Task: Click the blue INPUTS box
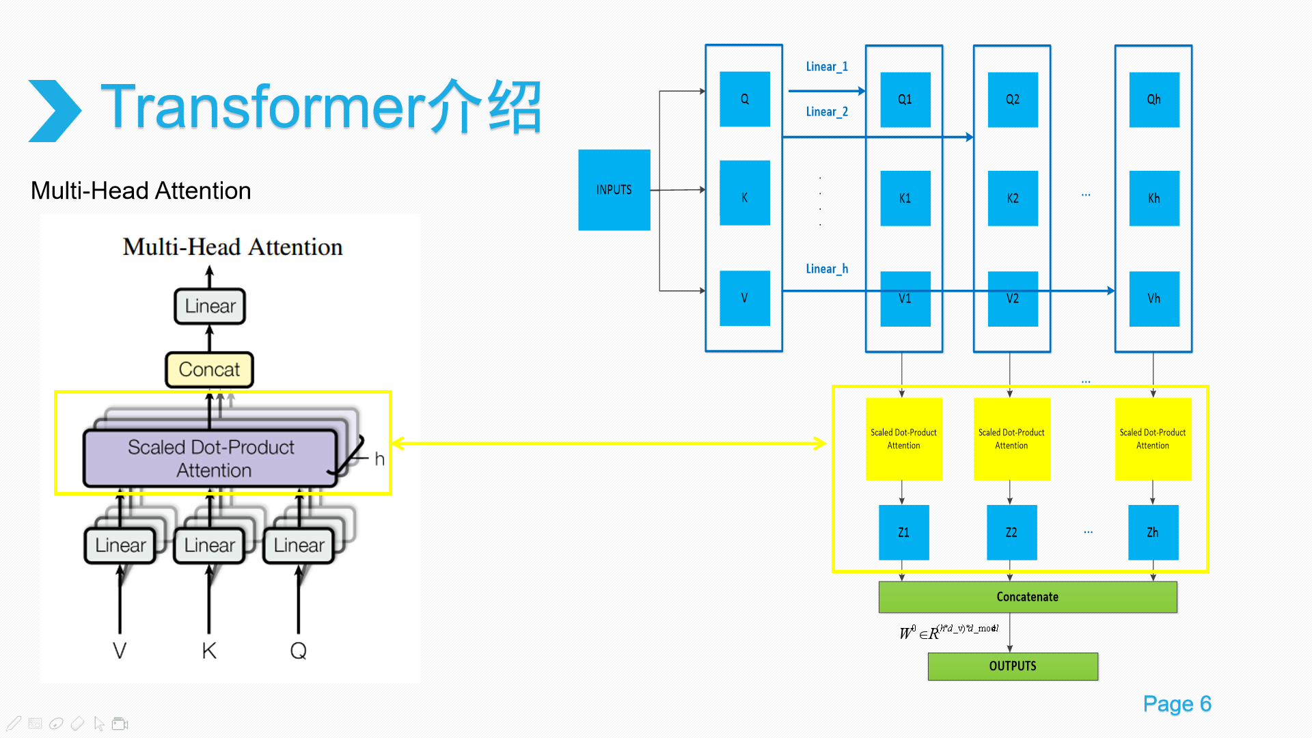click(x=614, y=190)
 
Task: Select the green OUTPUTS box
click(x=1012, y=666)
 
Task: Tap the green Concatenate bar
click(x=1027, y=597)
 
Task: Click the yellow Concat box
click(x=209, y=370)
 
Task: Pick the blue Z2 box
click(x=1011, y=532)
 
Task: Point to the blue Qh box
click(x=1153, y=100)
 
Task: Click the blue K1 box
click(x=905, y=198)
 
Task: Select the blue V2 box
click(x=1012, y=299)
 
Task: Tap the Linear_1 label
click(x=827, y=66)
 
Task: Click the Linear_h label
click(x=827, y=269)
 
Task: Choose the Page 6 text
click(x=1177, y=704)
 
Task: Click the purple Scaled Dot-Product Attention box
click(x=210, y=458)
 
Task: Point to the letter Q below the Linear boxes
click(x=298, y=651)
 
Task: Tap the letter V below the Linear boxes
click(x=120, y=651)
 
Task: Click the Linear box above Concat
click(x=210, y=306)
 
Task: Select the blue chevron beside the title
click(x=55, y=111)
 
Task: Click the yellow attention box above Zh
click(x=1153, y=439)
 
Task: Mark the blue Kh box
click(x=1153, y=198)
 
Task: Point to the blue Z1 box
click(x=903, y=532)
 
